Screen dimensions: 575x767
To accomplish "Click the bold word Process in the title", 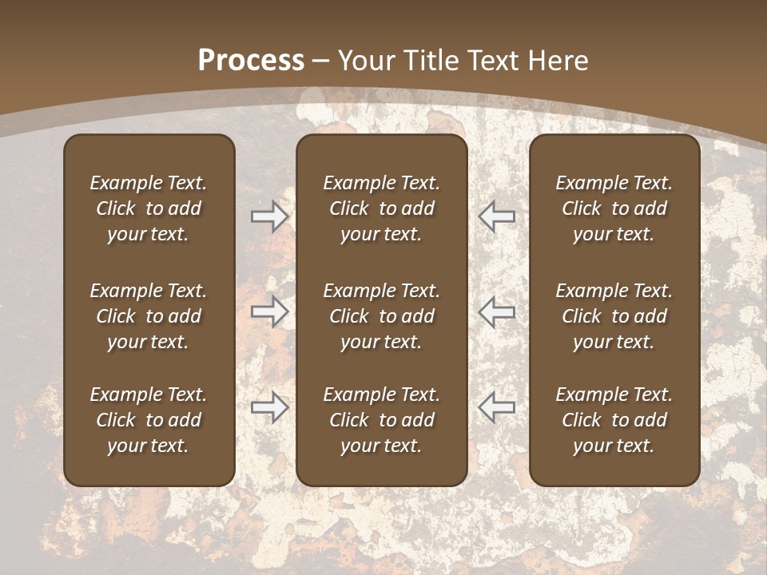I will click(x=251, y=61).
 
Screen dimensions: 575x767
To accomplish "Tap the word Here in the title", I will click(x=555, y=61).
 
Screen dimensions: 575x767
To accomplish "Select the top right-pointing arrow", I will click(x=270, y=216).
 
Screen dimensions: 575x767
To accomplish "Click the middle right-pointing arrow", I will click(x=270, y=311).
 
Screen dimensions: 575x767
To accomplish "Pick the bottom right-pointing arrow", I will click(x=270, y=407).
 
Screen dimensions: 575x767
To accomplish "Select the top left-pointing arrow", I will click(x=496, y=216).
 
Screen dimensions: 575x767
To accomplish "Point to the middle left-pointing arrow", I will click(x=496, y=311).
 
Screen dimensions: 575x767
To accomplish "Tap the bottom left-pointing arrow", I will click(x=496, y=407).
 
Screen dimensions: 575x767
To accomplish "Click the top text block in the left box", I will click(x=149, y=208).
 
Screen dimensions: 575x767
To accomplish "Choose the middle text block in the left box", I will click(x=149, y=316).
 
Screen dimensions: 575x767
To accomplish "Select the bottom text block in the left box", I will click(x=149, y=420).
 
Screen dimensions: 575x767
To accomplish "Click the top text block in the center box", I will click(x=381, y=208).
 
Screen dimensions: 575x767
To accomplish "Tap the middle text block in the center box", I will click(x=381, y=316).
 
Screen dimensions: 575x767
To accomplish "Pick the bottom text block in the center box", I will click(x=381, y=420).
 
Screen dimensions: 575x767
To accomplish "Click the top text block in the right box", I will click(x=614, y=208).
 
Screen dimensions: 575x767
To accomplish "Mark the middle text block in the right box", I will click(x=614, y=316).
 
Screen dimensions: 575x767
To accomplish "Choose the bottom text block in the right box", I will click(x=614, y=420).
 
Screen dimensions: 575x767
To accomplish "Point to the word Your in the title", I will click(x=368, y=61).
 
